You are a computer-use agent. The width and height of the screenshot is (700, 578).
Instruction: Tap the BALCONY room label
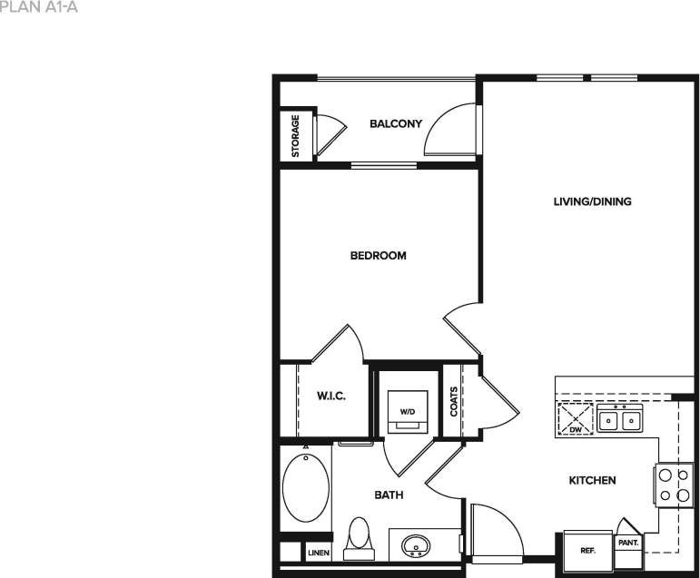click(x=396, y=123)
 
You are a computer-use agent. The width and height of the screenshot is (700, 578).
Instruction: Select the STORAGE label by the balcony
click(x=296, y=136)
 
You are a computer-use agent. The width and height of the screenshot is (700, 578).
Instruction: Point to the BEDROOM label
click(x=378, y=256)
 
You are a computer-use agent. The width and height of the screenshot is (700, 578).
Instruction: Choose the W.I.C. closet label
click(x=330, y=397)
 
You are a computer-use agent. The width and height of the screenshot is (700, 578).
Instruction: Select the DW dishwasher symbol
click(x=575, y=420)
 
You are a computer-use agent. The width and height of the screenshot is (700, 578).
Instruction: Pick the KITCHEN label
click(x=593, y=480)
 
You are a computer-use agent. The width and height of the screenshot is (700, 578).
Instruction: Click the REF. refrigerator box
click(x=587, y=550)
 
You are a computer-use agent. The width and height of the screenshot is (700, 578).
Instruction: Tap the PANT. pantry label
click(x=629, y=543)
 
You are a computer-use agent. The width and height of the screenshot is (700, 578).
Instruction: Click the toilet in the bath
click(x=360, y=534)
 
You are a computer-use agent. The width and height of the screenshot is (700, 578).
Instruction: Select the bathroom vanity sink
click(x=417, y=545)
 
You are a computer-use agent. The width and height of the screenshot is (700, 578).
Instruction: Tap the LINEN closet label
click(x=319, y=552)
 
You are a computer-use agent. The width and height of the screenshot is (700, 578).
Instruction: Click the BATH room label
click(x=389, y=495)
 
